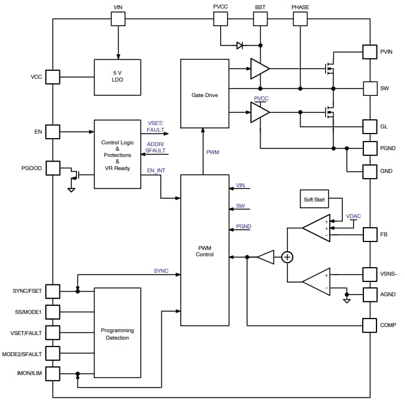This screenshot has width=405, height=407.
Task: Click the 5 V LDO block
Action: [x=118, y=76]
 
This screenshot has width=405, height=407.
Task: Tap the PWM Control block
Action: [x=204, y=250]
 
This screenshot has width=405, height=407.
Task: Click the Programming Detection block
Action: [x=117, y=333]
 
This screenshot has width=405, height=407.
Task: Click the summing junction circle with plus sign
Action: [x=287, y=257]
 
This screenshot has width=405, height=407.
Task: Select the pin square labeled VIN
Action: [x=118, y=19]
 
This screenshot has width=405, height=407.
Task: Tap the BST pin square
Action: [x=260, y=19]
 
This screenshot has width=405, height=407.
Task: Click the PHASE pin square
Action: [x=300, y=19]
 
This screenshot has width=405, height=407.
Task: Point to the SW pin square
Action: [x=371, y=88]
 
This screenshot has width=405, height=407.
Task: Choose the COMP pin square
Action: [x=371, y=325]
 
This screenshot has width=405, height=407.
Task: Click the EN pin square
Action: [x=52, y=132]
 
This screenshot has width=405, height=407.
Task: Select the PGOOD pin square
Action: [x=52, y=168]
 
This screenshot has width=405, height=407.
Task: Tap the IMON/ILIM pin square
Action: [x=52, y=373]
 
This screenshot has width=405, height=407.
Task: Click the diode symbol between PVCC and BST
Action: [x=240, y=45]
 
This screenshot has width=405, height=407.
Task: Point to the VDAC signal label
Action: [x=354, y=216]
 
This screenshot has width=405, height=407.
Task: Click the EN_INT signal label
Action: [x=156, y=171]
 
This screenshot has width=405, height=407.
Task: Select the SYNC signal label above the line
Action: [x=161, y=271]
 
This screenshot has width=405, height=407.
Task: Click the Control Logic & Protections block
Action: [x=117, y=154]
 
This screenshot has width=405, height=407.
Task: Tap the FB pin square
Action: [x=371, y=234]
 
